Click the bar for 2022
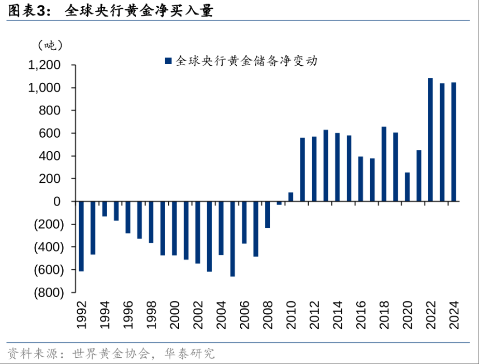430,140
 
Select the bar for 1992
81,236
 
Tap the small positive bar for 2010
291,197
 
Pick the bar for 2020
407,187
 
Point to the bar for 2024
454,142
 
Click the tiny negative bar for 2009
279,203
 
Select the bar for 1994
105,209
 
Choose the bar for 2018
384,164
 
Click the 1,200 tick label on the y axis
45,65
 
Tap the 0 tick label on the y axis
57,201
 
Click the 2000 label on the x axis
175,315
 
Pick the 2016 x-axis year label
361,315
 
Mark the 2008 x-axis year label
268,315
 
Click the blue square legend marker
168,61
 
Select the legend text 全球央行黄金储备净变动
246,61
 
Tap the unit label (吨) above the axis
50,45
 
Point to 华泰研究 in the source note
189,354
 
